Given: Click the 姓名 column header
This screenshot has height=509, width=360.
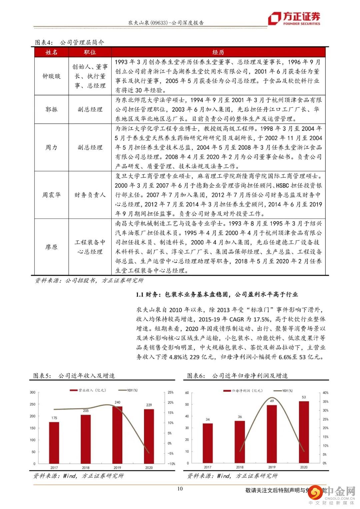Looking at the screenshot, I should click(51, 52).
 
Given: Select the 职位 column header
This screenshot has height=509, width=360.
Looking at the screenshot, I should click(90, 52).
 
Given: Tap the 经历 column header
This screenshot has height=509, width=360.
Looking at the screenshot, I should click(218, 52).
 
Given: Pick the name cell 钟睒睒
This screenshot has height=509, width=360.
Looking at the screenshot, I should click(51, 76).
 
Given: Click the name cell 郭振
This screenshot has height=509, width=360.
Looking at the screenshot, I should click(51, 109).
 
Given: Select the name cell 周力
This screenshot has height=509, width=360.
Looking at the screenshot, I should click(51, 147).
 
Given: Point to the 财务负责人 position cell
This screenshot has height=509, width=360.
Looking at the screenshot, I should click(90, 195).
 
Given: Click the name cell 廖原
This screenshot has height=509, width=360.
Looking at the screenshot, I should click(51, 247).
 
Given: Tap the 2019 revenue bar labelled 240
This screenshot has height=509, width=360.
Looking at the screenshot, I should click(117, 435).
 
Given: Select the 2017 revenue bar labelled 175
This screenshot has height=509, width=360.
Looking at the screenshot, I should click(54, 443).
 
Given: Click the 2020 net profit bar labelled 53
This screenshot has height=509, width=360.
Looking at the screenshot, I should click(304, 432).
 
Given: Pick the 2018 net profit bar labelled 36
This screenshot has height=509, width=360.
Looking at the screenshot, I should click(240, 442).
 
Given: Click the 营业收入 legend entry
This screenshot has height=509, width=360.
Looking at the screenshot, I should click(83, 390).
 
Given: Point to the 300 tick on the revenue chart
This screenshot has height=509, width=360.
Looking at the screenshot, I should click(32, 392).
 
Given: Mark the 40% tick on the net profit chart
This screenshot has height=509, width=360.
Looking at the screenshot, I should click(325, 393).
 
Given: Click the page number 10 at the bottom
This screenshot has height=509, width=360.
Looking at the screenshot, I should click(180, 489).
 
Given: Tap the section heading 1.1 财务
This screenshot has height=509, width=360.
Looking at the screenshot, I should click(217, 294).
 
